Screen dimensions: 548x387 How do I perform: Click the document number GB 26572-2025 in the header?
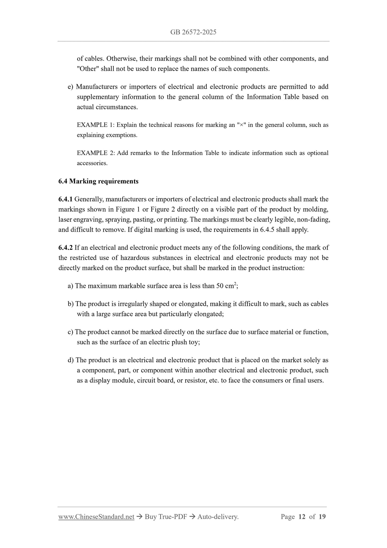193,32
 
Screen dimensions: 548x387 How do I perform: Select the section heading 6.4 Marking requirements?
98,182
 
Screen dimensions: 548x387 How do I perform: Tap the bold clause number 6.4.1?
65,199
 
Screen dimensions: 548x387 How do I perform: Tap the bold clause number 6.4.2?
65,248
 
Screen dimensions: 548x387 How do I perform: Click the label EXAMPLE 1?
96,125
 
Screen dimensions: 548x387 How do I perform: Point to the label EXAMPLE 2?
96,153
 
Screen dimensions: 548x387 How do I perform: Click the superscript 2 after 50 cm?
235,284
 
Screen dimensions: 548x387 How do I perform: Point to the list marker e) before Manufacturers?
70,87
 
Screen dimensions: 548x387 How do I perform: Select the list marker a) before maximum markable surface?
70,286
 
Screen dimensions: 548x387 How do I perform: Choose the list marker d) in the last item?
71,360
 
